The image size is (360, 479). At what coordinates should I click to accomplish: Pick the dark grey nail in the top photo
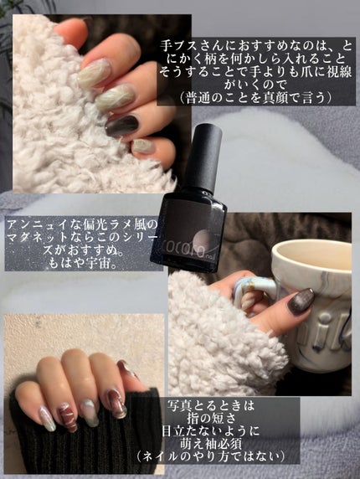tap(124, 126)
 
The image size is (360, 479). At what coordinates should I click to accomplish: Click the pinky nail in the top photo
tap(143, 146)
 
